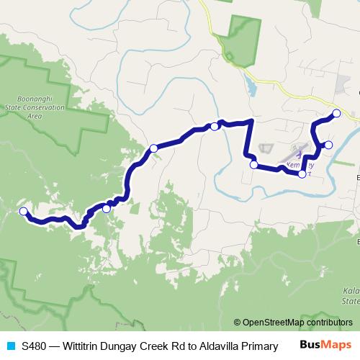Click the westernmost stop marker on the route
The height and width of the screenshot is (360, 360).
[24, 211]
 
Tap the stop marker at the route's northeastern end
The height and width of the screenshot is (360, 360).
[336, 113]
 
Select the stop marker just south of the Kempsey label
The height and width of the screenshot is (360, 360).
[302, 174]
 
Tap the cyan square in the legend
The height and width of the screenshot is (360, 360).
[11, 346]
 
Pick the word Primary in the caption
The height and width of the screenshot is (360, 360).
[260, 346]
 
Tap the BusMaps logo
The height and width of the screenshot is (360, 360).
[325, 345]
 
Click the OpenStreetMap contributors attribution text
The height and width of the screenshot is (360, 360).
[302, 322]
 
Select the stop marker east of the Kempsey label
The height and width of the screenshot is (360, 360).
[328, 145]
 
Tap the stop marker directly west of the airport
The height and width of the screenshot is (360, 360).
[253, 165]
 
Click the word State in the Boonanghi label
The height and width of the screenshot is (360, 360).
[24, 107]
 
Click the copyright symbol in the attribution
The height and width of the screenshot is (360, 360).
[238, 322]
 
